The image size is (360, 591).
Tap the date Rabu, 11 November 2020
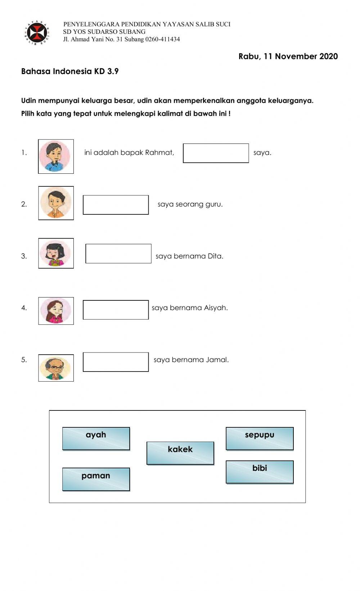288,56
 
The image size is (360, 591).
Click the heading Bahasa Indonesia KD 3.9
70,71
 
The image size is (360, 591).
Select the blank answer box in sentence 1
216,153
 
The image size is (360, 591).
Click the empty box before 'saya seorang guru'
116,205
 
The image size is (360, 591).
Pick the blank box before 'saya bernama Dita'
118,254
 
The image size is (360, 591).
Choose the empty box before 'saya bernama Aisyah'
116,310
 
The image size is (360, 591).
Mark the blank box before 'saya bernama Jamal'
116,362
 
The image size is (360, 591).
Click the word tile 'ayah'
96,438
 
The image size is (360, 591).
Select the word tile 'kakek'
180,453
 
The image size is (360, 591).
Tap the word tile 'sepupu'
260,438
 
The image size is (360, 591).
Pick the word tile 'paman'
96,479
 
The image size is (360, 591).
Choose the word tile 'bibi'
260,472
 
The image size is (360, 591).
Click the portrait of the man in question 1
56,156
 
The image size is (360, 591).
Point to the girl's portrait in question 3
56,253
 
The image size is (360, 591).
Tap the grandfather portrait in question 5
56,368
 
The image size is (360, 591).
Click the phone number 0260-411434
162,39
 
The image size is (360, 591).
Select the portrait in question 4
56,311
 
